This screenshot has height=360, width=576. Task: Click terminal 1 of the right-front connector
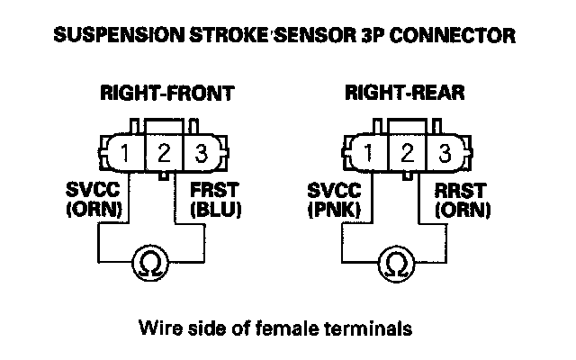(x=125, y=153)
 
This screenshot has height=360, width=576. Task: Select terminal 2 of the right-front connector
(x=164, y=153)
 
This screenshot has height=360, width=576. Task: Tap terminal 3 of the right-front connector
(x=202, y=153)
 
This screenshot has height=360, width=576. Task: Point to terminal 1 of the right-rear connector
(x=368, y=152)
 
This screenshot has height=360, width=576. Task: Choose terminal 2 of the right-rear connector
(x=407, y=152)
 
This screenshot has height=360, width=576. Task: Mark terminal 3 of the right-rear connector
(x=445, y=152)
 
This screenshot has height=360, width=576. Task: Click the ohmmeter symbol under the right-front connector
(x=150, y=263)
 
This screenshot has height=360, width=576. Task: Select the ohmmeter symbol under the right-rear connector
(x=396, y=263)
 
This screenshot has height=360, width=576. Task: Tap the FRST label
(x=214, y=190)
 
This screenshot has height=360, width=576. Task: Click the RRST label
(x=460, y=190)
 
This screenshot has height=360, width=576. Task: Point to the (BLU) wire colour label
(x=216, y=210)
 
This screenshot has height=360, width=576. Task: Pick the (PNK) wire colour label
(x=334, y=210)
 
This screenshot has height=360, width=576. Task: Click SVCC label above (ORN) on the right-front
(x=93, y=190)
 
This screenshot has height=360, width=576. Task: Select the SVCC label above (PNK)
(x=334, y=190)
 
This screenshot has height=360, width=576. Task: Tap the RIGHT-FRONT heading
(x=167, y=93)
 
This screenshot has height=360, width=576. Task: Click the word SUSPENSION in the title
(x=119, y=35)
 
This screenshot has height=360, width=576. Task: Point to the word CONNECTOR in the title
(x=453, y=36)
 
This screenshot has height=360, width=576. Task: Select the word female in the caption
(x=287, y=328)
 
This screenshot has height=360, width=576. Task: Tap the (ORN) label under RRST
(x=463, y=210)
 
